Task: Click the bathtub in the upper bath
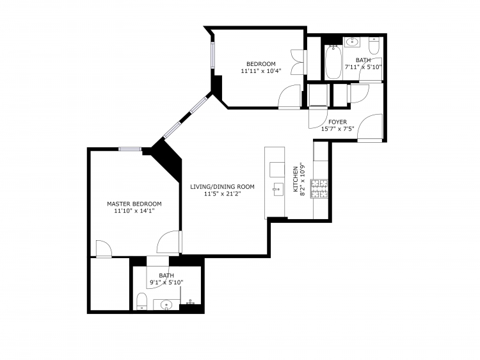pos(333,62)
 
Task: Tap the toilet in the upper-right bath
pos(374,45)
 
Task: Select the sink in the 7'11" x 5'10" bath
pos(352,42)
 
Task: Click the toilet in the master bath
pos(141,301)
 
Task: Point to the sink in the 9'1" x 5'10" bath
pos(166,304)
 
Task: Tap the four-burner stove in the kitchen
pos(319,188)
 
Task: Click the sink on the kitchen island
pos(278,190)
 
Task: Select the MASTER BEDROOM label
pos(134,204)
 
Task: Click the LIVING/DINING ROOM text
pos(222,186)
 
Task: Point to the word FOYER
pos(338,122)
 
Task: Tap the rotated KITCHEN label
pos(296,179)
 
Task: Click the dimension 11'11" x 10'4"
pos(261,70)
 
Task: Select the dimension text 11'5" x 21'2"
pos(222,193)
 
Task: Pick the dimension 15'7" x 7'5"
pos(337,129)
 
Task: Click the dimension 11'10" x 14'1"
pos(134,211)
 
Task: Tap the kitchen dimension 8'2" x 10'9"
pos(303,179)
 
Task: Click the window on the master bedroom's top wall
pos(130,149)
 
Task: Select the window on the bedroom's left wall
pos(212,55)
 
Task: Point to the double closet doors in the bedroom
pos(298,61)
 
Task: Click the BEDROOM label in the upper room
pos(261,63)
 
